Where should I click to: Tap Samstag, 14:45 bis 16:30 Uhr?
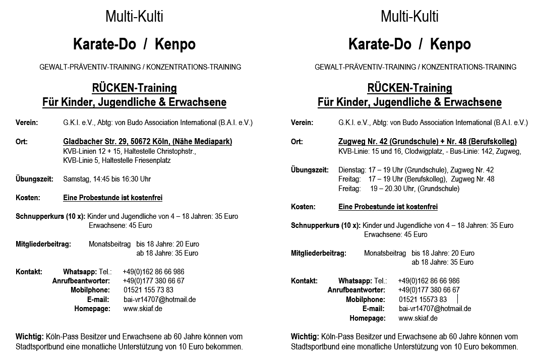(x=107, y=179)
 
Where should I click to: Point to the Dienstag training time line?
(x=416, y=170)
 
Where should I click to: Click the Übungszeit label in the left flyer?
(x=33, y=179)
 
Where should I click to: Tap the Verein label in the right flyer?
(x=302, y=123)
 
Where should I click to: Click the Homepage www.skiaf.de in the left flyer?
(x=143, y=309)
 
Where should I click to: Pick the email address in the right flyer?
(x=435, y=309)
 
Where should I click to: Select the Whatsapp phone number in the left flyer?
(x=153, y=272)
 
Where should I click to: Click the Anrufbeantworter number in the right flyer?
(x=429, y=290)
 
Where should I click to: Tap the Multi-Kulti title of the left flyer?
(x=134, y=17)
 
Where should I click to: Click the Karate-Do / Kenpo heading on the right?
(x=409, y=44)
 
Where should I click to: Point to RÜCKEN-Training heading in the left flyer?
(x=134, y=88)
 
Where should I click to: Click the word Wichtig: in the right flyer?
(x=305, y=336)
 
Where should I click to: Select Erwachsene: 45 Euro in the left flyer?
(x=120, y=225)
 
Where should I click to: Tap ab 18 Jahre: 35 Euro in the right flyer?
(x=442, y=262)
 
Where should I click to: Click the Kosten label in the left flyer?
(x=28, y=198)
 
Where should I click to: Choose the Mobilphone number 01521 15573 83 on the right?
(x=423, y=299)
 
